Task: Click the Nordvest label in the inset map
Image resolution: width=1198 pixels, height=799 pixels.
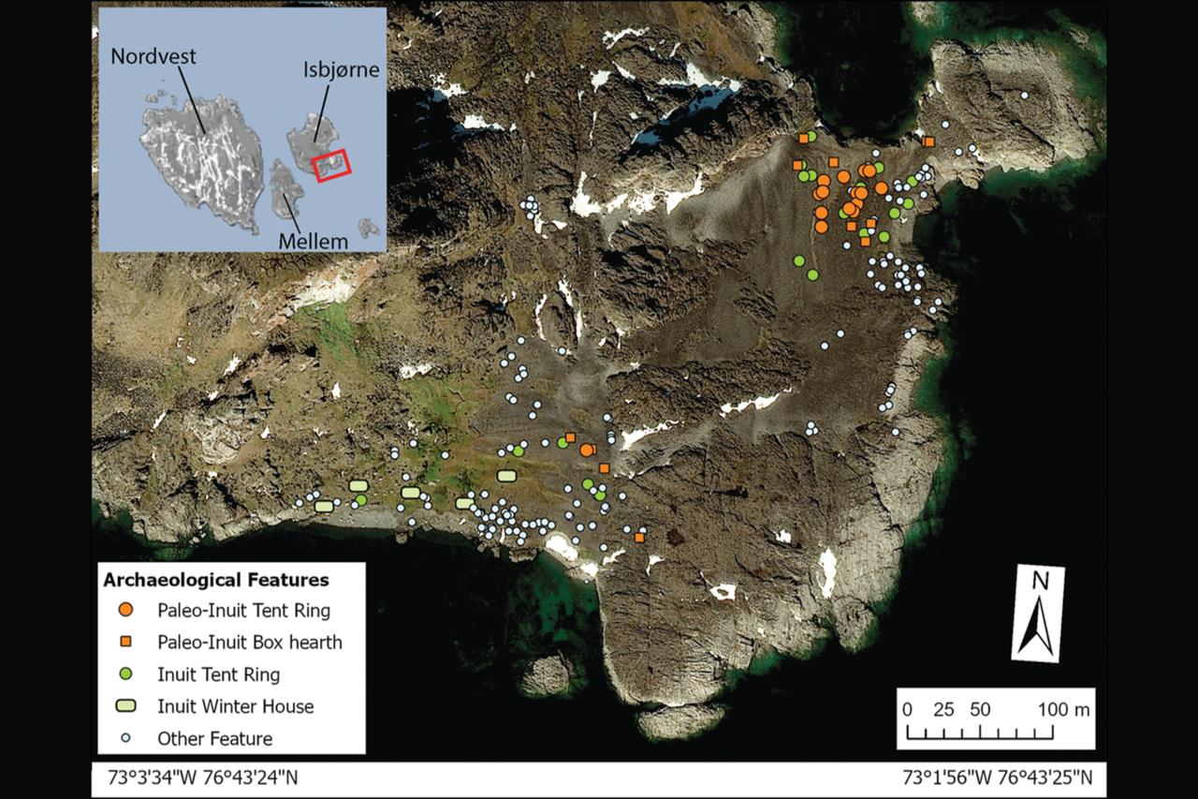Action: (153, 56)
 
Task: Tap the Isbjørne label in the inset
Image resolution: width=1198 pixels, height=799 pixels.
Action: (341, 70)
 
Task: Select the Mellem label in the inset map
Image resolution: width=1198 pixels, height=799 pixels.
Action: (313, 241)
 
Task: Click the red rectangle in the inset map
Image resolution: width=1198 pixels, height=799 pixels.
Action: (331, 164)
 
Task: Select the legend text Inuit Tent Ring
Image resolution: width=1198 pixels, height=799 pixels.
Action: (218, 674)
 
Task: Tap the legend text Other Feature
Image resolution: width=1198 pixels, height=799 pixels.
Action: (215, 738)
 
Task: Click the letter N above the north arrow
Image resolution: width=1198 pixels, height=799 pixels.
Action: (1039, 581)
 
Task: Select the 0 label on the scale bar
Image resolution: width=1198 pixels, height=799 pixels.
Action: (906, 709)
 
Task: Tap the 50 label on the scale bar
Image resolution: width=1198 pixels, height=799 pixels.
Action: (980, 709)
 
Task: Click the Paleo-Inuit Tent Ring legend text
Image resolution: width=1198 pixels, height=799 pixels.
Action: (243, 611)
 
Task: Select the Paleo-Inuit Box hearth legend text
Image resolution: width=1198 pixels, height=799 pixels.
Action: (250, 643)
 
